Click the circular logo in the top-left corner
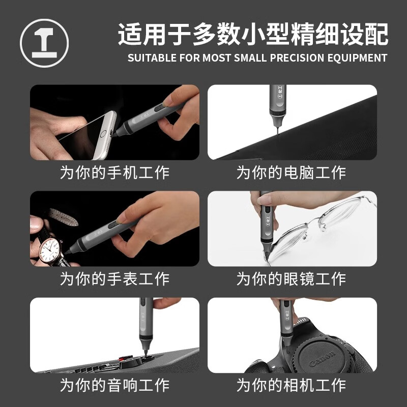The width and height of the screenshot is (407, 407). point(44,43)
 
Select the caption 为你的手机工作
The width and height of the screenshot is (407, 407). point(114,172)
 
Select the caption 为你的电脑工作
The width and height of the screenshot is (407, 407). point(291,172)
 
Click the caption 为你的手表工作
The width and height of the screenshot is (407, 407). point(114,279)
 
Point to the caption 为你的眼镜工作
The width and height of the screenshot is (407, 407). point(291,279)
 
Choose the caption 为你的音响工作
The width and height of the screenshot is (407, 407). point(114,385)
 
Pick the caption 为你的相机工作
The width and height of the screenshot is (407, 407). point(291,385)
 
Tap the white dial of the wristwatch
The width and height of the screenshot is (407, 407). point(51,249)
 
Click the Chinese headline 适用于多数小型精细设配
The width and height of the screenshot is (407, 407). point(253,35)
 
